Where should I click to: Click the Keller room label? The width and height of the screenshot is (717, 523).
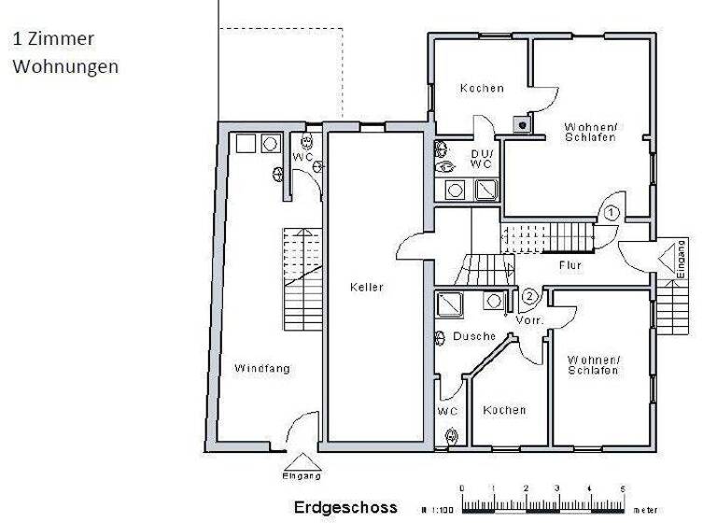pyautogui.click(x=367, y=287)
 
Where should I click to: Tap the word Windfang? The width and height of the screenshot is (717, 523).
pyautogui.click(x=261, y=368)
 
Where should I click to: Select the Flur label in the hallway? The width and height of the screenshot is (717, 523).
pyautogui.click(x=569, y=265)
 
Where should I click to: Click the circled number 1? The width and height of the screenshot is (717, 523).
pyautogui.click(x=610, y=213)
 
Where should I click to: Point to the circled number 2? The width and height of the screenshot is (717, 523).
pyautogui.click(x=529, y=298)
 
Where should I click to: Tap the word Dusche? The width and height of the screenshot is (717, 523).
pyautogui.click(x=473, y=336)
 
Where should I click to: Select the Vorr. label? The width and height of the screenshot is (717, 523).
pyautogui.click(x=529, y=320)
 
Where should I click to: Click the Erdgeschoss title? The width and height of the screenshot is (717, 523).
pyautogui.click(x=344, y=508)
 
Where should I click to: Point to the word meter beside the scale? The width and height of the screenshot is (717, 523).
pyautogui.click(x=644, y=510)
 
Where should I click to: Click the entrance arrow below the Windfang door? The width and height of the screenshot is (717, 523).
pyautogui.click(x=301, y=460)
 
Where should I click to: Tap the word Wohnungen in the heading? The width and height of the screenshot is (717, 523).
pyautogui.click(x=64, y=67)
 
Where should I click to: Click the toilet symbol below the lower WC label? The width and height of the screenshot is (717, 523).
pyautogui.click(x=453, y=435)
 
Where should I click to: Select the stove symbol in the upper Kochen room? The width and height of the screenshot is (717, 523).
pyautogui.click(x=519, y=121)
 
